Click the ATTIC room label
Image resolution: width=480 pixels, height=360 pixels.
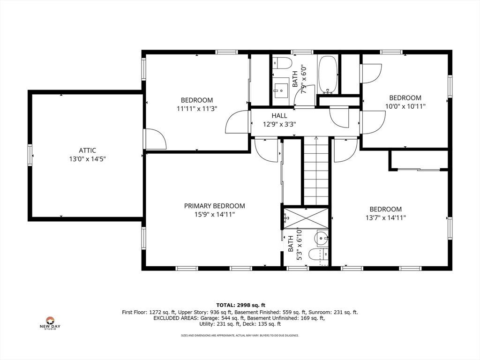[87, 150]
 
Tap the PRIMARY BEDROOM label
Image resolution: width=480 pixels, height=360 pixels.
[214, 206]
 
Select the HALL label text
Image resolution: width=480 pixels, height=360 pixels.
[279, 116]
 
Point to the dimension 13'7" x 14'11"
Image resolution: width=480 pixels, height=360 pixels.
[385, 217]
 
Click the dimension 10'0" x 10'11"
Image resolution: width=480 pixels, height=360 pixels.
[405, 106]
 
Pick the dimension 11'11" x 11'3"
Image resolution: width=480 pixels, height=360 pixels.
[197, 108]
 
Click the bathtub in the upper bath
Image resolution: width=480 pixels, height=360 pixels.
[328, 75]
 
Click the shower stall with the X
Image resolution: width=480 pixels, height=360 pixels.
[306, 218]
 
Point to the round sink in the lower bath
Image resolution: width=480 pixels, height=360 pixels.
[322, 237]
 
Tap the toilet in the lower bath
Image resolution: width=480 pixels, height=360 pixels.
[318, 254]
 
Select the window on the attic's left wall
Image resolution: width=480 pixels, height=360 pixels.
[30, 155]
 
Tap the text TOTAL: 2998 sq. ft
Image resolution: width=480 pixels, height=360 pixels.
[240, 305]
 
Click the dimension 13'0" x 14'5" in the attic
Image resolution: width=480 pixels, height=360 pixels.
[87, 159]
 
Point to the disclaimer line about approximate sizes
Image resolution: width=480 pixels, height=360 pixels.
[240, 336]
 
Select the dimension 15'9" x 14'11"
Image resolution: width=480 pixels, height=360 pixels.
[214, 215]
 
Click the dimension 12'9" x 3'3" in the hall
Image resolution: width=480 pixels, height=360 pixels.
[279, 124]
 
